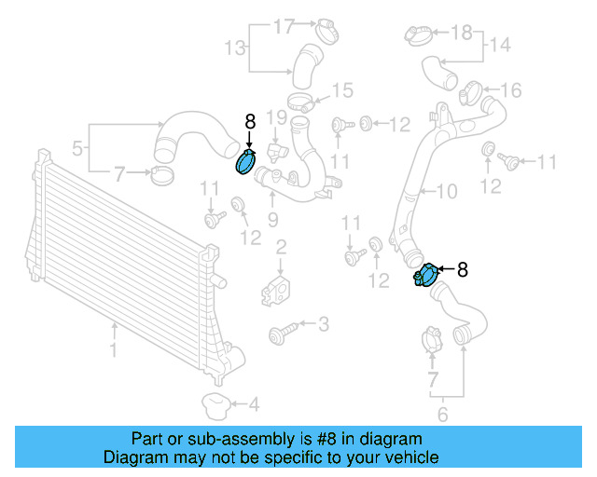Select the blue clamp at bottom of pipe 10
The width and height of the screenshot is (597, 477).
428,277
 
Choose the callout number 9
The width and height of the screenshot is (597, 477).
273,220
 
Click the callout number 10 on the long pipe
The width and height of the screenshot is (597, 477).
448,192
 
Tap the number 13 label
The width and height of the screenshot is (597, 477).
235,47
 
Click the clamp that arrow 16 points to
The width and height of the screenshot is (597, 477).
471,92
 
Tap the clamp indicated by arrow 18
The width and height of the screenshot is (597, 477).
419,35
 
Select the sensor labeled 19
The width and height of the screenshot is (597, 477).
277,149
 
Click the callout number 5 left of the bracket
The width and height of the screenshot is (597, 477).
77,146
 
